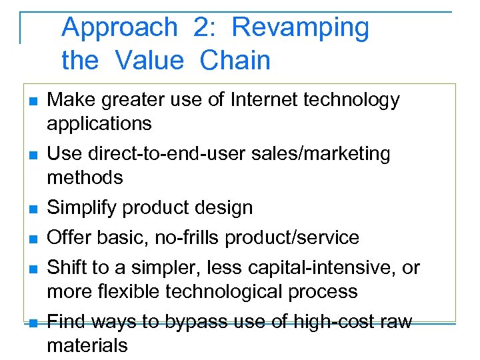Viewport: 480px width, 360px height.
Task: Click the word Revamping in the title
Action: tap(300, 28)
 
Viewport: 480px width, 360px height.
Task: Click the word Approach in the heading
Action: tap(119, 28)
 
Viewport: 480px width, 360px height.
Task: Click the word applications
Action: tap(99, 124)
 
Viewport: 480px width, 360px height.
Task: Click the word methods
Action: tap(85, 178)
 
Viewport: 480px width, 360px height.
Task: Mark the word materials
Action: tap(87, 346)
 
